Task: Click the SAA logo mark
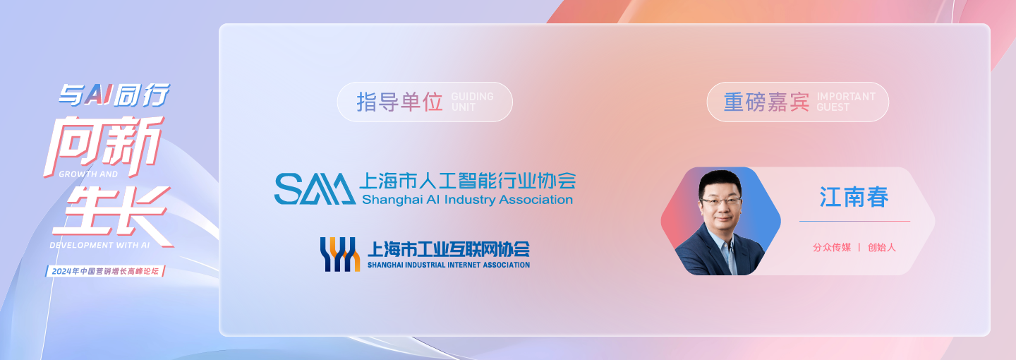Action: pyautogui.click(x=314, y=188)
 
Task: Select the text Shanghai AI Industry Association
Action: pyautogui.click(x=467, y=200)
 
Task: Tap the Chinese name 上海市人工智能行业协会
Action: pyautogui.click(x=467, y=181)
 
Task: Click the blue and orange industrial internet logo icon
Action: pyautogui.click(x=340, y=254)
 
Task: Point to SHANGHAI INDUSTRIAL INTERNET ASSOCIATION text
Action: pyautogui.click(x=448, y=265)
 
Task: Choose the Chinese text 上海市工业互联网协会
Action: pyautogui.click(x=448, y=249)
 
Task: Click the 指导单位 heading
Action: pyautogui.click(x=399, y=102)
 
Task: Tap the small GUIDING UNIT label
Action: pyautogui.click(x=472, y=102)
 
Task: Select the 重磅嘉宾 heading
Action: pyautogui.click(x=766, y=102)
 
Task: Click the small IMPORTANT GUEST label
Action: pyautogui.click(x=845, y=102)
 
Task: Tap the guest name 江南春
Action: pyautogui.click(x=854, y=197)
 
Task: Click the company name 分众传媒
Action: pyautogui.click(x=831, y=248)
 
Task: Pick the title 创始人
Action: pyautogui.click(x=881, y=248)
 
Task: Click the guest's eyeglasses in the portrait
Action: pyautogui.click(x=720, y=201)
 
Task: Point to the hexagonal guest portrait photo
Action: pyautogui.click(x=720, y=221)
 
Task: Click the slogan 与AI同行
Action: pyautogui.click(x=114, y=94)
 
